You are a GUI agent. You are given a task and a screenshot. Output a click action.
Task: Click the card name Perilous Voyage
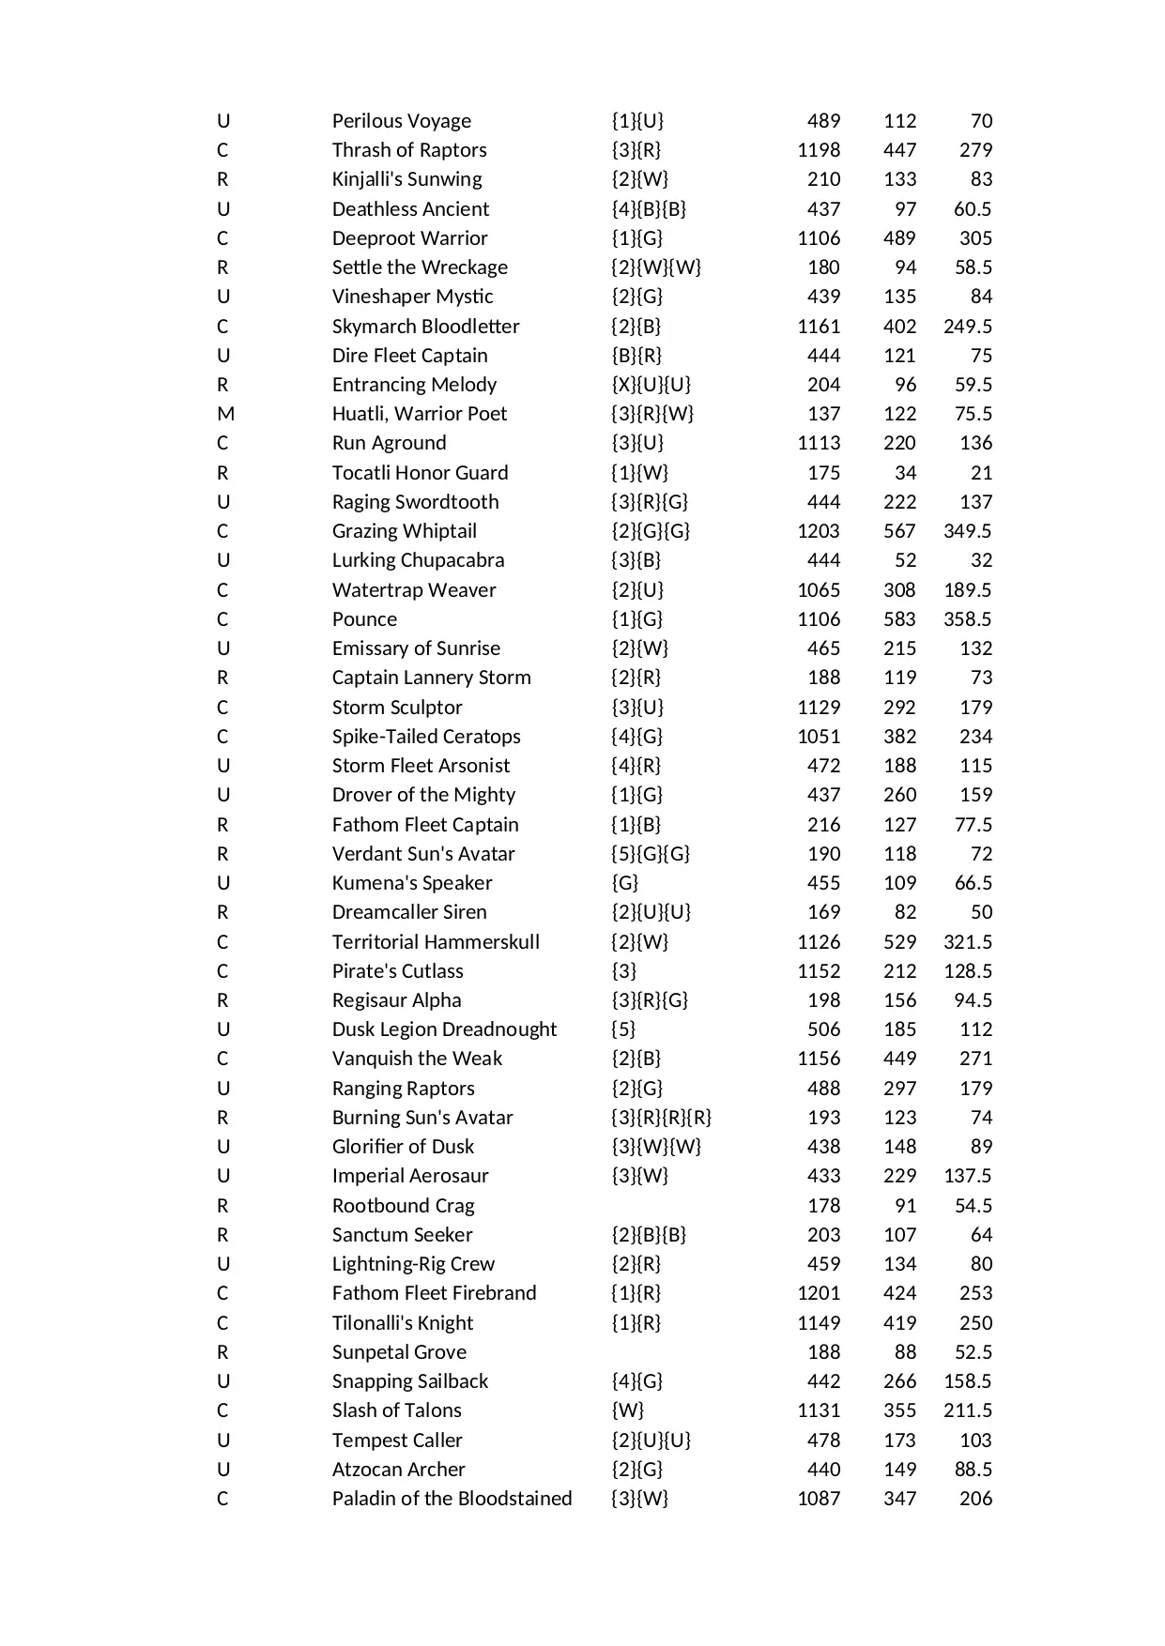401,121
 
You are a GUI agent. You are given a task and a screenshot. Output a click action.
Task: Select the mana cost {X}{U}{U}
651,385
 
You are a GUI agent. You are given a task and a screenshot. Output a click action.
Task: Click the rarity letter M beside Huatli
225,414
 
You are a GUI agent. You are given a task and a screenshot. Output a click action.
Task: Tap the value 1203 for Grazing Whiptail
819,531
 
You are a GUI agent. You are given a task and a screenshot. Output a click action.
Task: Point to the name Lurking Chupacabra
418,560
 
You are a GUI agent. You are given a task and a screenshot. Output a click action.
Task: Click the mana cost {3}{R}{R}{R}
661,1118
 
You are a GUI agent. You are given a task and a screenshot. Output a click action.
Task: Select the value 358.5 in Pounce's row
967,619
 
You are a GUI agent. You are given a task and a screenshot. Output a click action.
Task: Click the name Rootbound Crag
403,1206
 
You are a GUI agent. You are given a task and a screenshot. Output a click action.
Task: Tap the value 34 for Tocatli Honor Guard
905,473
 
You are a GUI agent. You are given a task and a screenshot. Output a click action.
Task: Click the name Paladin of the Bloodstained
452,1499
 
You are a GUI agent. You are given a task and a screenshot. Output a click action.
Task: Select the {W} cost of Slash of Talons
627,1410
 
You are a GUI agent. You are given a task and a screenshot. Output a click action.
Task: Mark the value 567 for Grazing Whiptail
899,531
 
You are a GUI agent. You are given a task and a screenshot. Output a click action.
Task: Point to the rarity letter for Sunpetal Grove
222,1352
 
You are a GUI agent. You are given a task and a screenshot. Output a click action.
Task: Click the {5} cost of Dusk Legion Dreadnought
623,1029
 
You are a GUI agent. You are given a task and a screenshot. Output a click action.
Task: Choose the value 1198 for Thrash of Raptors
819,150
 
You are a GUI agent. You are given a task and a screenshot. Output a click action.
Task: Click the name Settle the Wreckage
420,267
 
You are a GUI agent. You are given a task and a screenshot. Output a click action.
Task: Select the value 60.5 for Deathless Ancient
973,209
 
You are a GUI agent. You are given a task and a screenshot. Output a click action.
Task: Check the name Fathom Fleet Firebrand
434,1293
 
